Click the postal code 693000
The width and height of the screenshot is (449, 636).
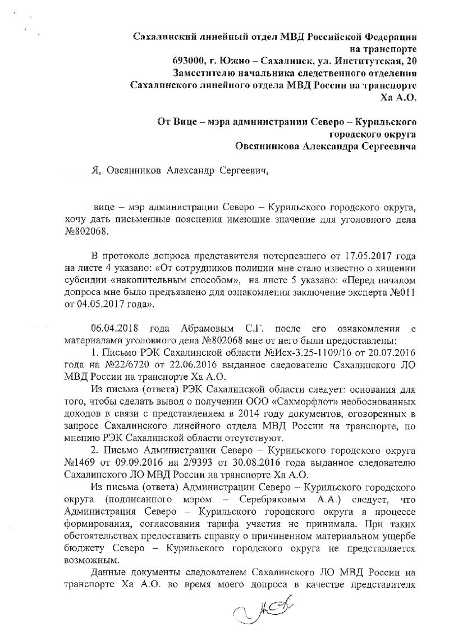(190, 61)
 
